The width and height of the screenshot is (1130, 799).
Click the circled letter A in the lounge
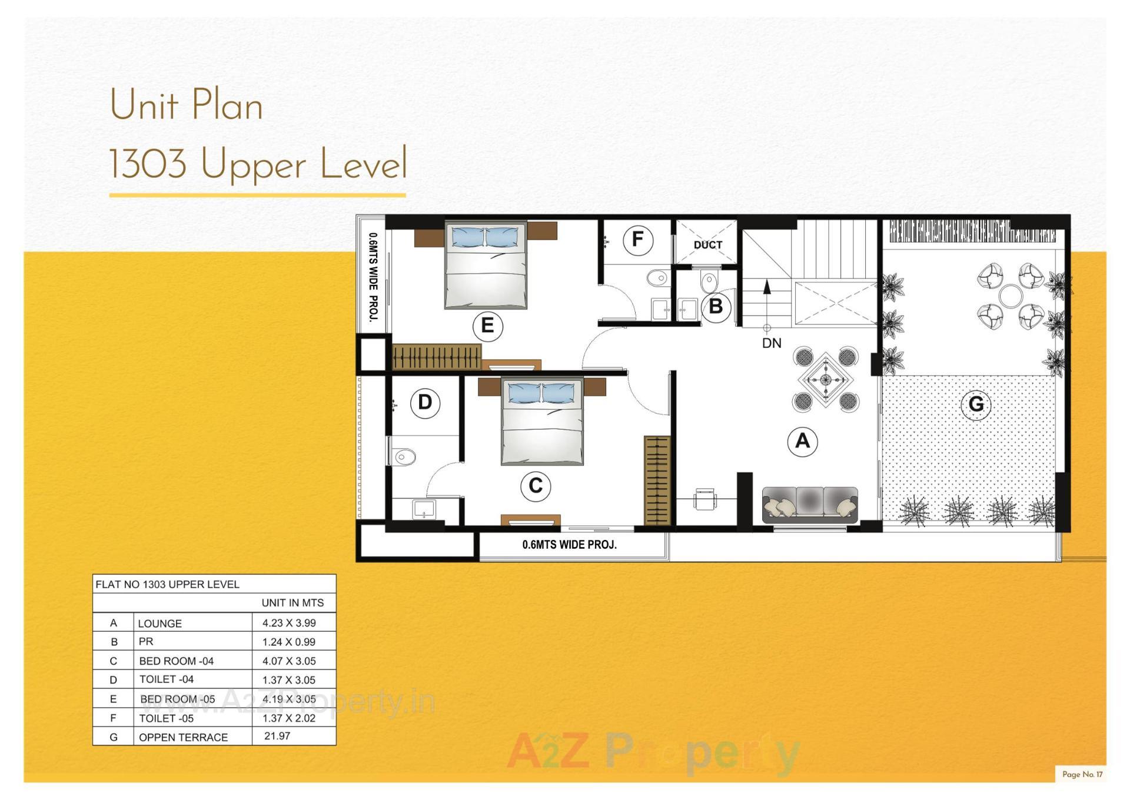802,441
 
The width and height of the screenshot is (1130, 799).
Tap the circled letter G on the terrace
975,405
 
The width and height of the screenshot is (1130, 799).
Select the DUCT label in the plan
707,245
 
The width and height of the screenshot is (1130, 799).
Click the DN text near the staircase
772,343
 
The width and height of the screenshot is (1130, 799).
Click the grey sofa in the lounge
810,505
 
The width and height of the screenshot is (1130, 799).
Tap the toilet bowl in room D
404,456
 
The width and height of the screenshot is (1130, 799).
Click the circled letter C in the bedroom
536,486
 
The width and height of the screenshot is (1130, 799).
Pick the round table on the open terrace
1010,296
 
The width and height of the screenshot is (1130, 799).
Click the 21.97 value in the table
277,736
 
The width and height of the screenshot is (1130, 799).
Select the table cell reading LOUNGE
159,624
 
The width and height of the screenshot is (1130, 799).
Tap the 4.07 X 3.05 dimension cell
289,661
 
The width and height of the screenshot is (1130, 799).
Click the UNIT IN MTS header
293,603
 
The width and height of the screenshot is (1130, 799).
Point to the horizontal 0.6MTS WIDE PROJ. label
569,545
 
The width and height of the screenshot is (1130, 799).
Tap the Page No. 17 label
1082,774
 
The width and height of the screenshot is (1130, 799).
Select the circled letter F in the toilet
637,240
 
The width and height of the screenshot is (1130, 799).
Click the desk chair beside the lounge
704,499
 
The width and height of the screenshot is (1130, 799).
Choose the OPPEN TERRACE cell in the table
183,737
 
